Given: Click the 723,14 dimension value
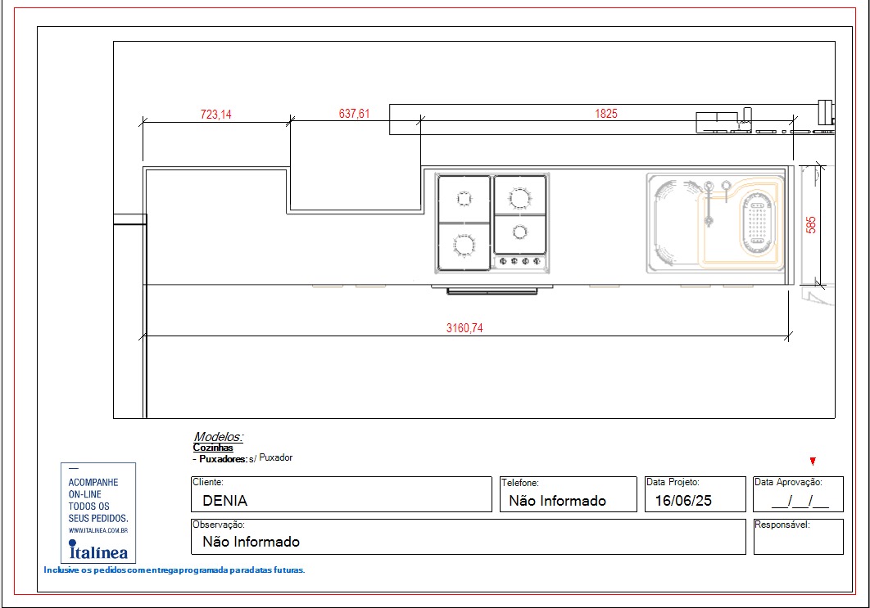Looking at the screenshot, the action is pos(215,115).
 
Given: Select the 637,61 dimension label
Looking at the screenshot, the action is pos(354,114).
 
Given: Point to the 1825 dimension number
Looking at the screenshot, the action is pos(606,114).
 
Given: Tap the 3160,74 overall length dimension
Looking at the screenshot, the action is pos(464,328).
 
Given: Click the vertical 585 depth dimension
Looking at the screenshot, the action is pos(811,225).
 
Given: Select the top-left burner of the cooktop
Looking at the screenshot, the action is pos(464,198).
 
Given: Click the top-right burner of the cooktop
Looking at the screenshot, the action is pos(520,197).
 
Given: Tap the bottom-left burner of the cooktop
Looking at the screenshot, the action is pos(464,245).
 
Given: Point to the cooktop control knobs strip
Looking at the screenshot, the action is pos(519,261).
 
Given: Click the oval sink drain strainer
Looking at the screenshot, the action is pos(757,223).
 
